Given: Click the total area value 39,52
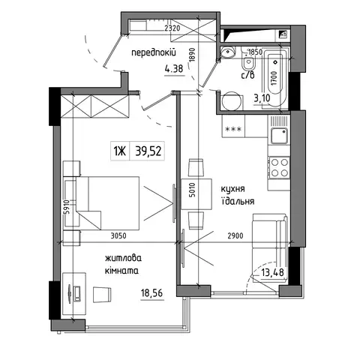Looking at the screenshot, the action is (148, 151).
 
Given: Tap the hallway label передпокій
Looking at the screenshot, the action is (154, 53).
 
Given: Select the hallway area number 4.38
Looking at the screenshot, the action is (174, 68).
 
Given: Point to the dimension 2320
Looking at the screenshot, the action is (172, 28).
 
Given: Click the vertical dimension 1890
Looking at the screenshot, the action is (192, 54).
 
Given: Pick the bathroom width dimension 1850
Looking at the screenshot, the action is (255, 52).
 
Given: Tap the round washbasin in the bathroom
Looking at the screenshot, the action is (227, 52).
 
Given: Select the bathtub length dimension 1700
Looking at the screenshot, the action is (274, 78).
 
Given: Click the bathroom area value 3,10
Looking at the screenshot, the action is (262, 98).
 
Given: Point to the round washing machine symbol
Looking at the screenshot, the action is (232, 101).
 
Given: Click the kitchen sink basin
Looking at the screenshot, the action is (279, 136).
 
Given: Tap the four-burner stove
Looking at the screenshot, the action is (279, 167).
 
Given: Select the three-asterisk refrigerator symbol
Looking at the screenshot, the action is (233, 129).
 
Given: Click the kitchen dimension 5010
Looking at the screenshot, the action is (192, 190).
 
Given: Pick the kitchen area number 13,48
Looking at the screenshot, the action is (272, 272).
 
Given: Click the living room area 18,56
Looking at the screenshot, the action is (151, 292).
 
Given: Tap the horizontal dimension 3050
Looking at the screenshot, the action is (118, 235).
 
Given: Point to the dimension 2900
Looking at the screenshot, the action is (235, 235).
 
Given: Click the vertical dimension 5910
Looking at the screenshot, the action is (66, 207).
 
